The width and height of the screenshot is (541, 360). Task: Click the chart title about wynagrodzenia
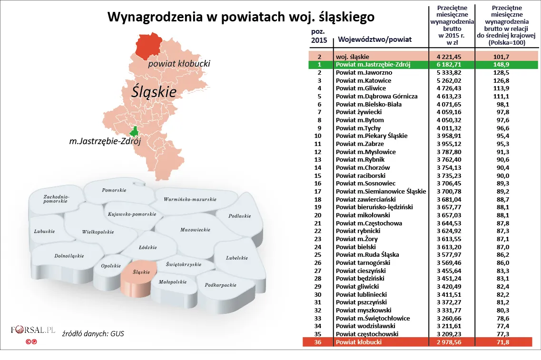pos(241,17)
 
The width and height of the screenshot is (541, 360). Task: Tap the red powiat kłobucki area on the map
pos(148,46)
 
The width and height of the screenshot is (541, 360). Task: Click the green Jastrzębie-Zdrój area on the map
pos(135,132)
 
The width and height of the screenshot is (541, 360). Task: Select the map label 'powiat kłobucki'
pos(178,64)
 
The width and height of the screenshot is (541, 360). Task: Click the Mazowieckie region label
pos(195,230)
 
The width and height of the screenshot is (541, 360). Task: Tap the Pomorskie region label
pos(114,190)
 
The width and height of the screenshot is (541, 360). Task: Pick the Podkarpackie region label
pos(220,285)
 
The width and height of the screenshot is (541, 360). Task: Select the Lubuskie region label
pos(44,232)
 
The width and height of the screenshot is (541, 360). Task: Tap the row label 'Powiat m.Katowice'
pos(363,80)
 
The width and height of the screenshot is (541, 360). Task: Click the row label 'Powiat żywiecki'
pos(359,112)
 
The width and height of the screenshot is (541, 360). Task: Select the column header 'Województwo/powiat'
pos(374,39)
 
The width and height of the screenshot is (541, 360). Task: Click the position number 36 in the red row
pos(319,342)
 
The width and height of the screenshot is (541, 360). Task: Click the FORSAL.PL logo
pos(33,330)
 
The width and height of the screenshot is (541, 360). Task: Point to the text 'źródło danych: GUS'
pos(93,334)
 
